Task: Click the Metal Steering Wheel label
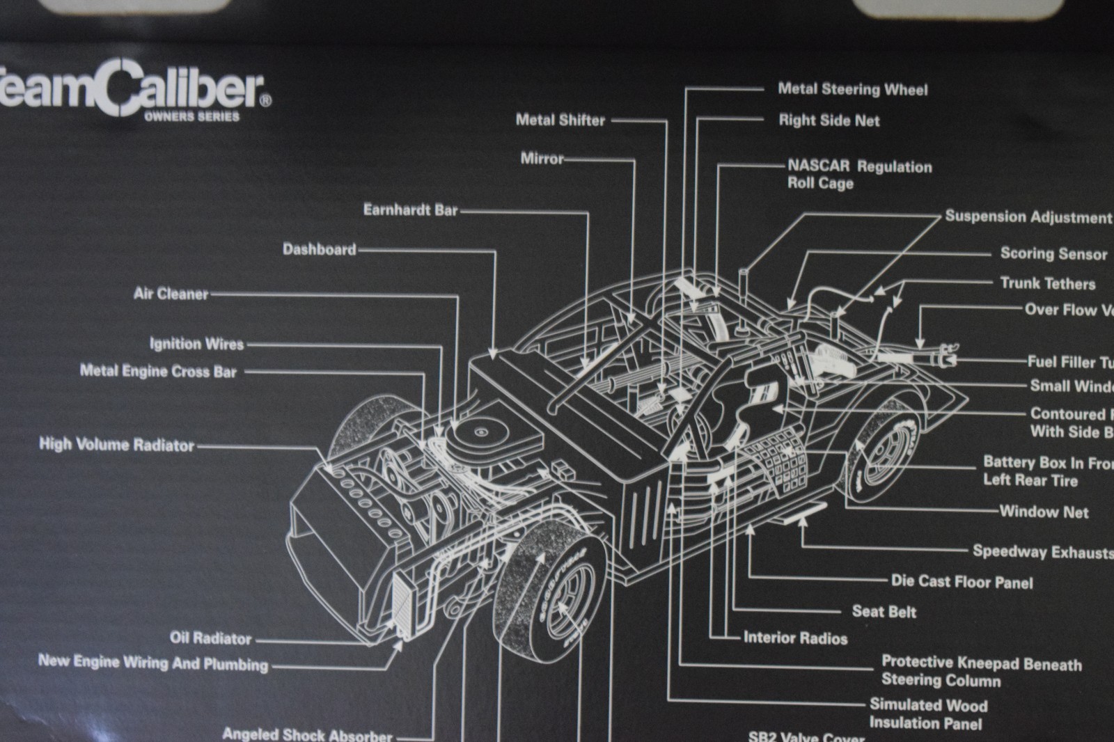852,89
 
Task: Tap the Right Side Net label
829,120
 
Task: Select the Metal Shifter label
560,120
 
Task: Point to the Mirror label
542,159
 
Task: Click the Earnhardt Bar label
411,210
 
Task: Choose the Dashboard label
320,249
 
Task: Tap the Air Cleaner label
171,294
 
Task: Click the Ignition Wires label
197,344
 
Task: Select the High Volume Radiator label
116,445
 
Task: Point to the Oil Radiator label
210,638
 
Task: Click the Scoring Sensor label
1053,253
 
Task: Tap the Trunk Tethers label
1047,283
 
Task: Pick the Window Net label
1044,512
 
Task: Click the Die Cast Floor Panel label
962,582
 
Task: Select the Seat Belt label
884,612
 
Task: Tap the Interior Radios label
795,638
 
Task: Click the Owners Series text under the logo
191,117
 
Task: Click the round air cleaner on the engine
480,432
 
